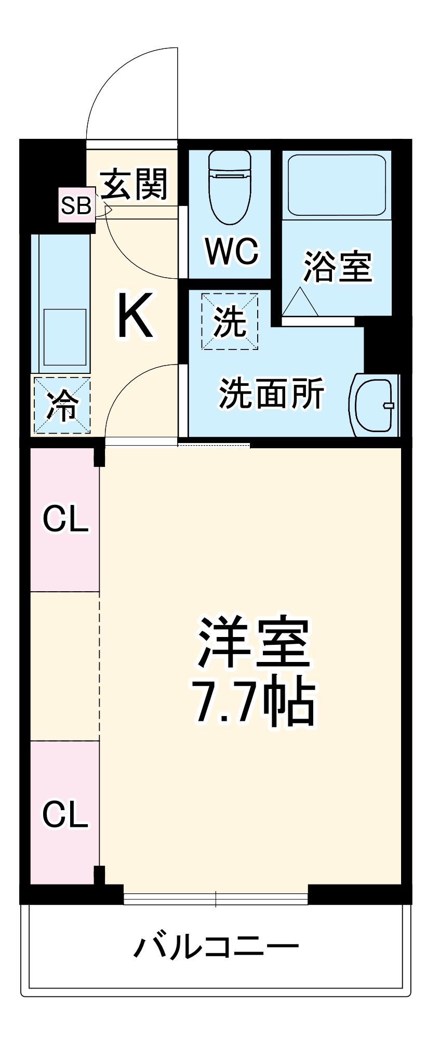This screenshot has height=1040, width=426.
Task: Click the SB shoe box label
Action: coord(76,205)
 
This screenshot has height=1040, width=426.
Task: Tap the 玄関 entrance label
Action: coord(135,185)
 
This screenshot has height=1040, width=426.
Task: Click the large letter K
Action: coord(135,315)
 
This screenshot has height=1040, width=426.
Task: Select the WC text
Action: coord(232,251)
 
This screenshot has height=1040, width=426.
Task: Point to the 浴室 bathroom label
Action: coord(338,267)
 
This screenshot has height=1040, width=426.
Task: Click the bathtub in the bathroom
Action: coord(337,185)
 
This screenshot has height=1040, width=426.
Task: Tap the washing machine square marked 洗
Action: coord(230,321)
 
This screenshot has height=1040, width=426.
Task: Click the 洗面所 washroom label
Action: coord(271,393)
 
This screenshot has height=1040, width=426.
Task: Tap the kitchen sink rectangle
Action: coord(65,337)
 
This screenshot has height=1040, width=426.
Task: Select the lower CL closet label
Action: coord(65,814)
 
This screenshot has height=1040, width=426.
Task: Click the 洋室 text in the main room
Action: coord(254,643)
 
